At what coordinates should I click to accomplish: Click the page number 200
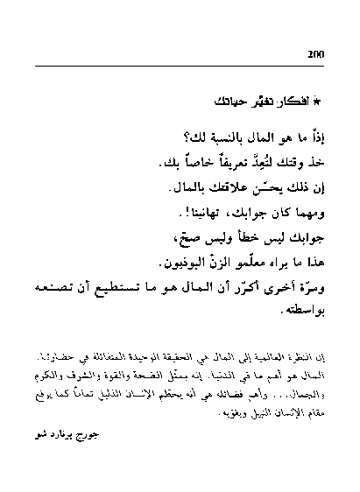(x=316, y=55)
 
